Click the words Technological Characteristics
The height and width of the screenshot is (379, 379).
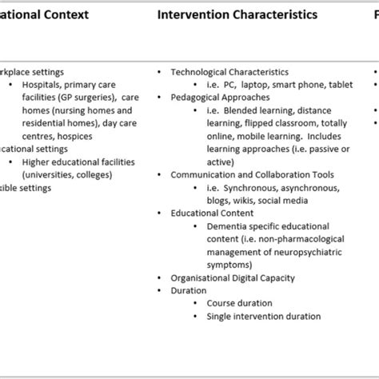[229, 72]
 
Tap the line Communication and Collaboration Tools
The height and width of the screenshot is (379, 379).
[252, 174]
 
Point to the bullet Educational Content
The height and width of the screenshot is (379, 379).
[212, 213]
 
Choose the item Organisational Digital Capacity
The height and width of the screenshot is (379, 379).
[233, 278]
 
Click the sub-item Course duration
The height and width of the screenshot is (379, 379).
[239, 304]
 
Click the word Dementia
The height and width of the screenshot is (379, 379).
[225, 226]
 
